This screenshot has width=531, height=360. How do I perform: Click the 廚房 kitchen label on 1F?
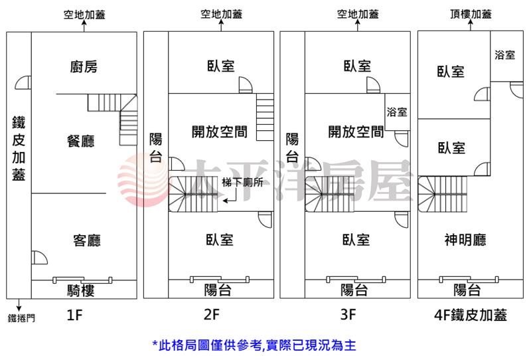tap(84, 66)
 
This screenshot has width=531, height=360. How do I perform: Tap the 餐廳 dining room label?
tap(81, 141)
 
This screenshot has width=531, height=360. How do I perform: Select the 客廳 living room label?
tap(87, 240)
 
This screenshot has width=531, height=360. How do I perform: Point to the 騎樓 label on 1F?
tap(80, 290)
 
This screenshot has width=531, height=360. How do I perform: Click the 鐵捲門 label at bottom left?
tap(21, 318)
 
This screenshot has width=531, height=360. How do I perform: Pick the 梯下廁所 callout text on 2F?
tap(242, 183)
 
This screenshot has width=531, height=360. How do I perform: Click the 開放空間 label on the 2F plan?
tap(220, 132)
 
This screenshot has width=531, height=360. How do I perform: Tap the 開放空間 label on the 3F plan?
tap(356, 132)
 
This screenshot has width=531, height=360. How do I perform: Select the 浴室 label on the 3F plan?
tap(397, 112)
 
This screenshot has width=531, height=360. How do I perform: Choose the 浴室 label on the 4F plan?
tap(505, 54)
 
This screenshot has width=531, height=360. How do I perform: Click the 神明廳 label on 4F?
tap(465, 240)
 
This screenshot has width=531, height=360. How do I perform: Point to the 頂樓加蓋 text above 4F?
tap(471, 14)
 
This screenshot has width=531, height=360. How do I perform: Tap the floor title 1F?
tap(74, 315)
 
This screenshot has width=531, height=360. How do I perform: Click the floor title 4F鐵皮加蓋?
tap(471, 315)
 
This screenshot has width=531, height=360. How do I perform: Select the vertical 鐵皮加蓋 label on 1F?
tap(19, 148)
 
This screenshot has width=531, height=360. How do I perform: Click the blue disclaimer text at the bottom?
tap(254, 345)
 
